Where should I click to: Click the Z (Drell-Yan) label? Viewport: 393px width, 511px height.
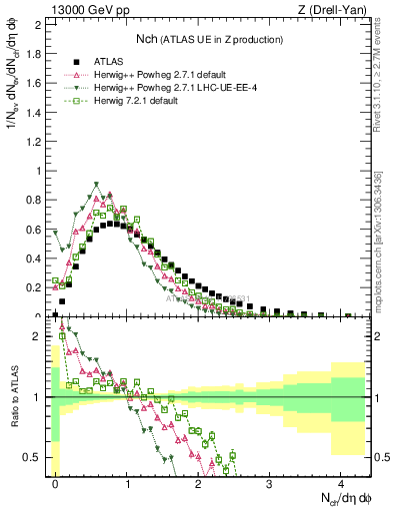(335, 9)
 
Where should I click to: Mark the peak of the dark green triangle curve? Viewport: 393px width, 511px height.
(96, 185)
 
